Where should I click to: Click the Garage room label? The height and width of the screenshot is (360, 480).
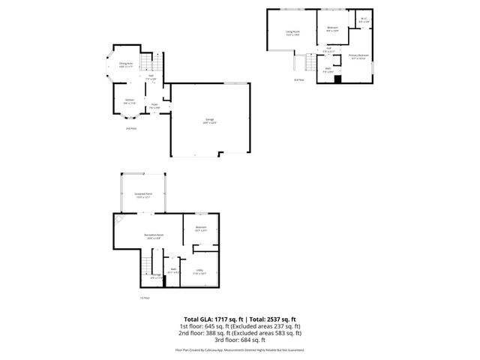[209, 121]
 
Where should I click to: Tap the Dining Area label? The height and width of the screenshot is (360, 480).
[126, 65]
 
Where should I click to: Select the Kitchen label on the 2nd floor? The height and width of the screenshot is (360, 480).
[129, 101]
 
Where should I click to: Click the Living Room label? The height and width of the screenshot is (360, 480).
[293, 32]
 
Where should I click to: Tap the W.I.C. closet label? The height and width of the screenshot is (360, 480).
[364, 20]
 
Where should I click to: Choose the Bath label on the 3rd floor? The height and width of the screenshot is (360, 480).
[328, 70]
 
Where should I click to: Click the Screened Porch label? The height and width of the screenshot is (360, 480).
[142, 196]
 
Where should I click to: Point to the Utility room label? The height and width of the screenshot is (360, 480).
[200, 272]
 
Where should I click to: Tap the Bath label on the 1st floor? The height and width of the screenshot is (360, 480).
[173, 270]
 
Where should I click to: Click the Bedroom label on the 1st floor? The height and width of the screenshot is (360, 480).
[201, 229]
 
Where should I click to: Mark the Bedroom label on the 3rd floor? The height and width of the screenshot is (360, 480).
[333, 28]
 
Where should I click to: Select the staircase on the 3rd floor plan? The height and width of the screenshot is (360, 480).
[306, 66]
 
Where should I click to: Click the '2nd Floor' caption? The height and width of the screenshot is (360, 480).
[131, 128]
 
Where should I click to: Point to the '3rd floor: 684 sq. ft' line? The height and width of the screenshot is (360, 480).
[239, 343]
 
